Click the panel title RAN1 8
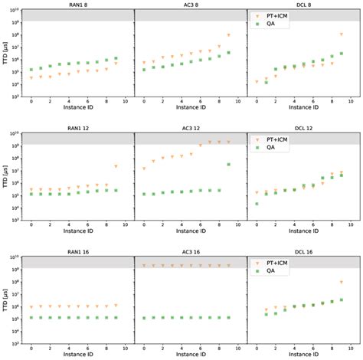[x=77, y=5]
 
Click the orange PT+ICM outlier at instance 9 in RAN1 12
[x=116, y=166]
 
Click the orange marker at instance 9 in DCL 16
[x=342, y=282]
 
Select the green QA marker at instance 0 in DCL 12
[x=257, y=204]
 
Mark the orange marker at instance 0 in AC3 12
[x=144, y=169]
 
